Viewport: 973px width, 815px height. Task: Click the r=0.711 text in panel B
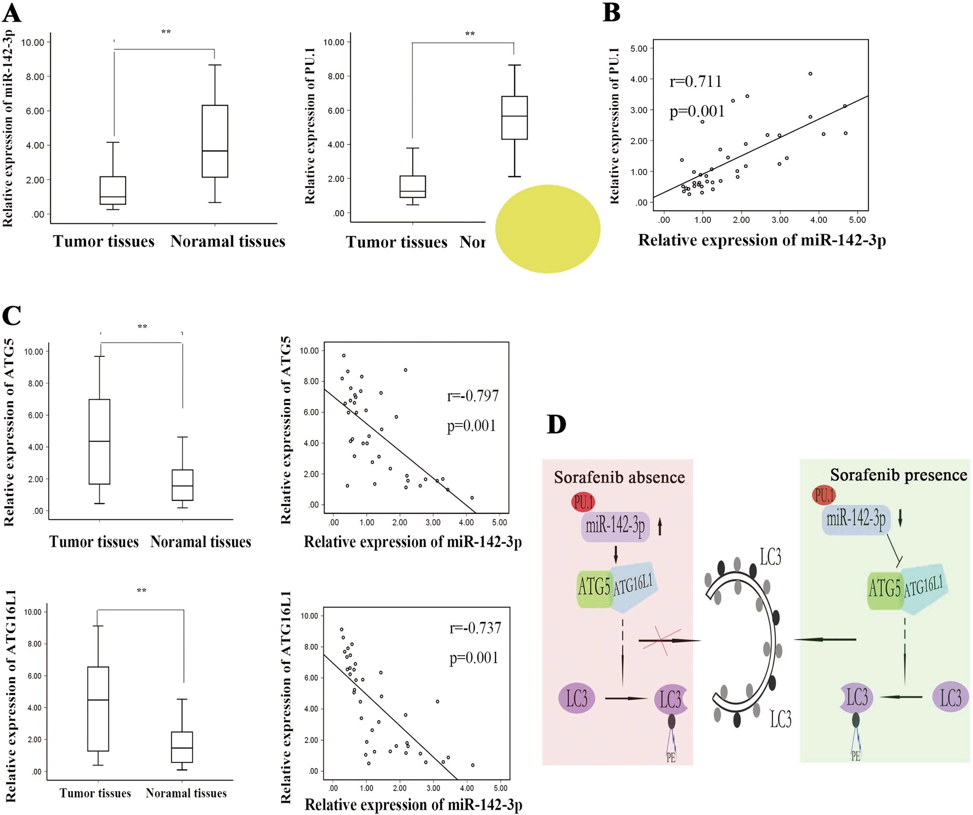click(695, 81)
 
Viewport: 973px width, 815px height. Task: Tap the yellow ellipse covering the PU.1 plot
click(547, 229)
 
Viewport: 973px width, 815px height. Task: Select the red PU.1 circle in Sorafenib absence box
click(583, 502)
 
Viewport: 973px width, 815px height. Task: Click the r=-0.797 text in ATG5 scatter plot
click(472, 396)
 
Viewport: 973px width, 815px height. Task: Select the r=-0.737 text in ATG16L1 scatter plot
click(475, 628)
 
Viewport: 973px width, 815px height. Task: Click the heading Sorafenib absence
click(619, 477)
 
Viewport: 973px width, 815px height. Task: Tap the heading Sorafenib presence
click(898, 475)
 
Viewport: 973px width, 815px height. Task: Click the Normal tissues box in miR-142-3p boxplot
click(215, 141)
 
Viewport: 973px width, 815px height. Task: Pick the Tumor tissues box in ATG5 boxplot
click(99, 441)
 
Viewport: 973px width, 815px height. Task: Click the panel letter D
click(557, 424)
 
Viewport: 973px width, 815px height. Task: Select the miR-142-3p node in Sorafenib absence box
click(615, 526)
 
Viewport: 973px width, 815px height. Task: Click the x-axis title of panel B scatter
click(761, 240)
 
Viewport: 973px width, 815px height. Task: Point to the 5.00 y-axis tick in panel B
click(638, 49)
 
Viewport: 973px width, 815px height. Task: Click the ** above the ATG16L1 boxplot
click(141, 591)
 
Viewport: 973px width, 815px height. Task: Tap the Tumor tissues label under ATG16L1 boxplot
click(95, 793)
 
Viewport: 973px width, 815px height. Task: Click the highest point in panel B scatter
click(810, 74)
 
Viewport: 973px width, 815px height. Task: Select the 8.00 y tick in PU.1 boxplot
click(336, 76)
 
